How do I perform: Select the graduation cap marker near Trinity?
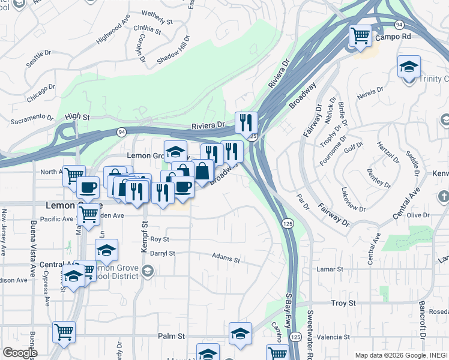click(x=409, y=67)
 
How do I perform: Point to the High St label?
click(x=77, y=116)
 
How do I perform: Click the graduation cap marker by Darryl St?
click(x=106, y=250)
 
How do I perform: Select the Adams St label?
click(x=226, y=258)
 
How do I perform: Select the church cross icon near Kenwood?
click(x=443, y=196)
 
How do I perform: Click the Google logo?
click(x=19, y=352)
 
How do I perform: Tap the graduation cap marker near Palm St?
click(x=240, y=334)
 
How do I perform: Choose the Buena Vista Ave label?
click(x=32, y=240)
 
